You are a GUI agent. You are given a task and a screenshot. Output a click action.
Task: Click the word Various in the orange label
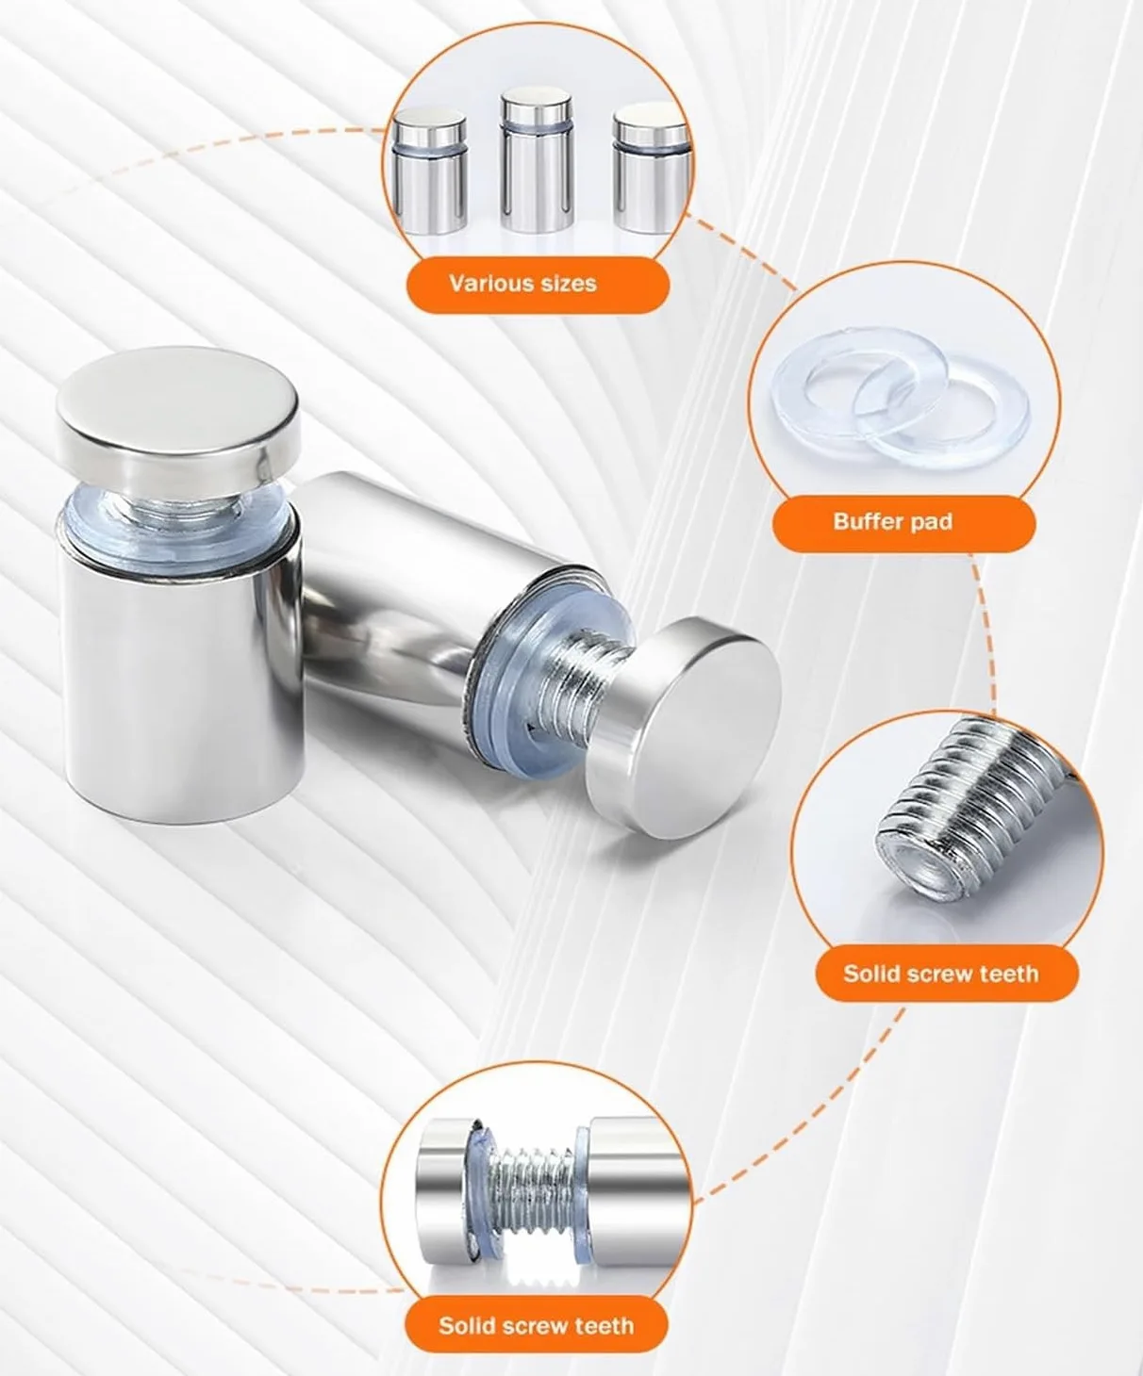(487, 284)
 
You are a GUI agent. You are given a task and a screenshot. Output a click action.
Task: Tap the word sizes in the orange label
(565, 284)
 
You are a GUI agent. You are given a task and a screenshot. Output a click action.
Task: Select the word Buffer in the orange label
(866, 522)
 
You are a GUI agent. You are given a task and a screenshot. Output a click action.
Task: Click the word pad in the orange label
(930, 522)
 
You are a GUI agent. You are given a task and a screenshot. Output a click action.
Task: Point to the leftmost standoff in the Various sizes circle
(430, 172)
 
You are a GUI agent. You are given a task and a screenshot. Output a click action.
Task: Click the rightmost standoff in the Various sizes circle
(651, 168)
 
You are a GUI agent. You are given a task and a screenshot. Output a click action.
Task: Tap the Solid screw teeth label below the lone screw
(941, 974)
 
